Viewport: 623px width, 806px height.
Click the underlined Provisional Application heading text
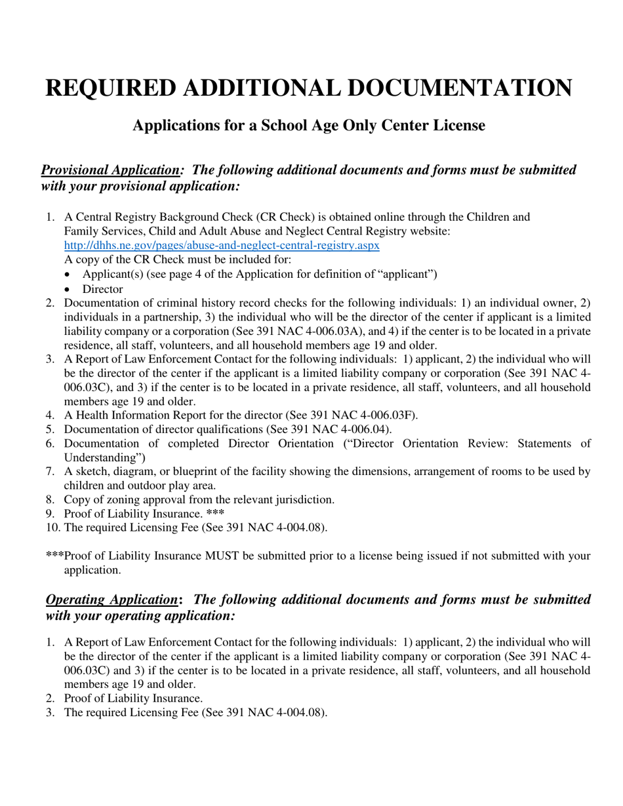click(x=110, y=170)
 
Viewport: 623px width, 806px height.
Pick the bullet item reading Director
click(x=102, y=288)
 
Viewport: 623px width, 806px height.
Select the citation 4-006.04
click(x=365, y=429)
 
